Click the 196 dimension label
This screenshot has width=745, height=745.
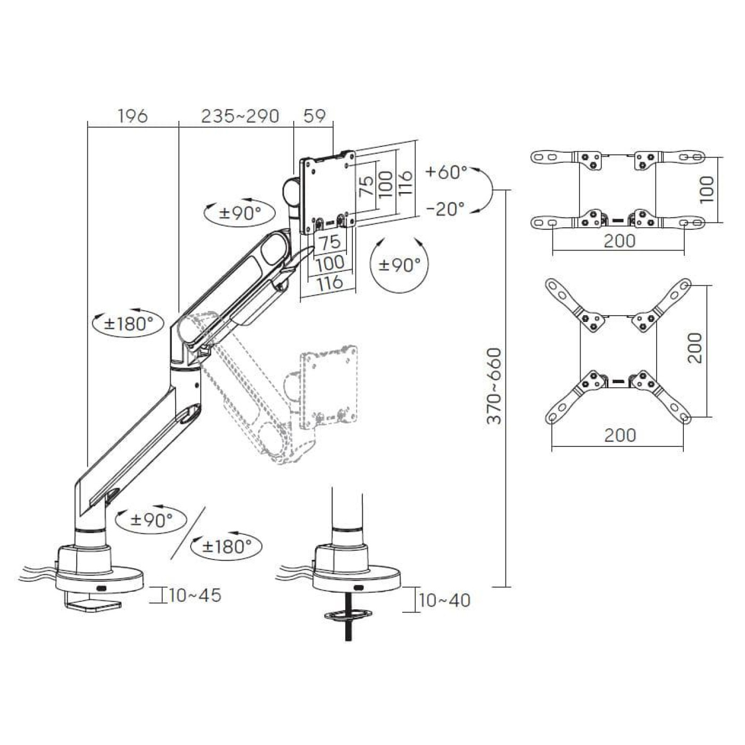pyautogui.click(x=133, y=115)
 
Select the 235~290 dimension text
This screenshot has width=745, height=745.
pyautogui.click(x=239, y=115)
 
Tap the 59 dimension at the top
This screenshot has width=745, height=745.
pyautogui.click(x=314, y=115)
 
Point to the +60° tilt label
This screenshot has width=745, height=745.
pyautogui.click(x=446, y=172)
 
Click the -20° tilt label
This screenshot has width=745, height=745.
pyautogui.click(x=446, y=209)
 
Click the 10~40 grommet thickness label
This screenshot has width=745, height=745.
pyautogui.click(x=444, y=611)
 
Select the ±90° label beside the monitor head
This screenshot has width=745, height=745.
pyautogui.click(x=240, y=212)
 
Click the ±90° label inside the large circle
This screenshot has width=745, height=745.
pyautogui.click(x=399, y=265)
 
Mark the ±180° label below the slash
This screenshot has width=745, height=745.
pyautogui.click(x=227, y=546)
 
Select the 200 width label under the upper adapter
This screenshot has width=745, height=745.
pyautogui.click(x=620, y=241)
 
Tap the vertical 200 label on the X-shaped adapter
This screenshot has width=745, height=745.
pyautogui.click(x=695, y=347)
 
